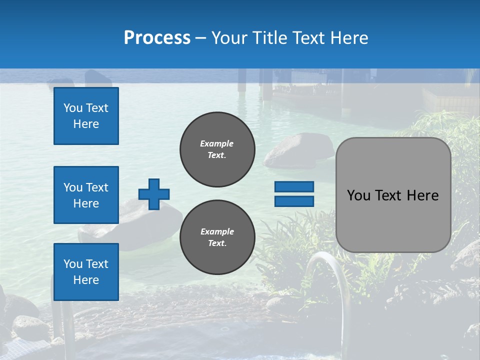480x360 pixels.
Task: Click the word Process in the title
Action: click(157, 38)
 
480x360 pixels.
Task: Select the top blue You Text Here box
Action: click(86, 116)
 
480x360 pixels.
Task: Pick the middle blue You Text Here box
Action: click(86, 195)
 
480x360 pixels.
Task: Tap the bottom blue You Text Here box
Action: click(86, 272)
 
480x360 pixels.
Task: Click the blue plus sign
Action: click(154, 194)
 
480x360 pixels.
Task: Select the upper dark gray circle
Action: click(217, 149)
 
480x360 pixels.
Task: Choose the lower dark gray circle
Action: click(217, 237)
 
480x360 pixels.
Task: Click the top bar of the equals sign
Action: click(294, 187)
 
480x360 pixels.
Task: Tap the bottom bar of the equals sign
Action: click(294, 201)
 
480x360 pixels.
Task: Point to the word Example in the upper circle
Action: click(216, 143)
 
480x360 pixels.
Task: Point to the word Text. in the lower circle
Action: click(217, 243)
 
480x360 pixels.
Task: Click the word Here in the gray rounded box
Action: click(422, 195)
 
